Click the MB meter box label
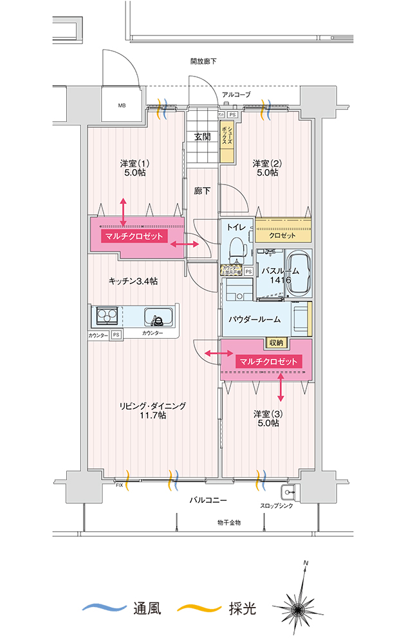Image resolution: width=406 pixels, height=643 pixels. click(122, 105)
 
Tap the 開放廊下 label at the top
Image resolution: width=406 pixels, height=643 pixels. click(203, 62)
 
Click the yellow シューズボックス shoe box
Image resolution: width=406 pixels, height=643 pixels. click(227, 142)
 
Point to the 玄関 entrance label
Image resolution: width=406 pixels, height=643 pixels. click(203, 136)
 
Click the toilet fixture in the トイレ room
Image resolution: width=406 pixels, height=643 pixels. click(236, 247)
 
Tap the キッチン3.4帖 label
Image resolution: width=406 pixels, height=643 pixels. click(133, 281)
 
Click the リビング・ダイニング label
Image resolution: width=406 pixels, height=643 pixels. click(152, 406)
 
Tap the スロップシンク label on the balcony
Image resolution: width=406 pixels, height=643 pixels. click(276, 506)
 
